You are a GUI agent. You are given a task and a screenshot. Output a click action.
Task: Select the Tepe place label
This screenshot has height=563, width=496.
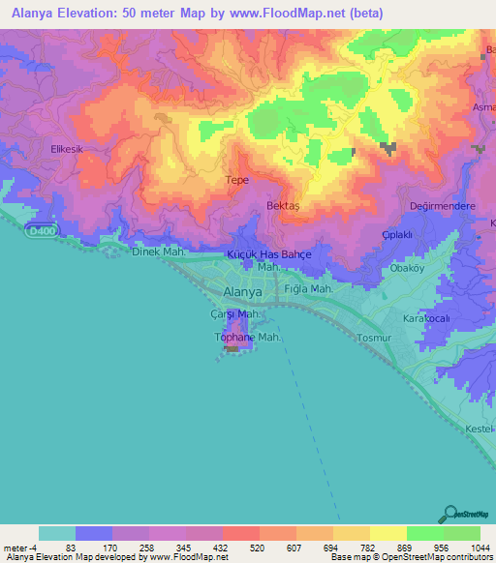click(236, 181)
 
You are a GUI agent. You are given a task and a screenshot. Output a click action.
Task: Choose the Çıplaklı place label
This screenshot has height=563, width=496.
click(398, 235)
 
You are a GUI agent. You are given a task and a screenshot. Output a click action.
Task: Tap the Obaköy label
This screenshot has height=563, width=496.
click(407, 268)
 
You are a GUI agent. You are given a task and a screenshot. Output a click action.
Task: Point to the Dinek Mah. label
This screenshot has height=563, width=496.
click(159, 252)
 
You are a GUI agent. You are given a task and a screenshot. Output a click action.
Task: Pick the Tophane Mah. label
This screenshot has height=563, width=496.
click(247, 338)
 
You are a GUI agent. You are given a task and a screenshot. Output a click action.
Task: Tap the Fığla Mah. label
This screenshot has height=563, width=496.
click(308, 289)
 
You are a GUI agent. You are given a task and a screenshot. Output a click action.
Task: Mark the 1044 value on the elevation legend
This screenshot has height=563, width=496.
click(480, 548)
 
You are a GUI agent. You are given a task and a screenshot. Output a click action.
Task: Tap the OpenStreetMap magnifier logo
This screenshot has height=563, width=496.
click(449, 513)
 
